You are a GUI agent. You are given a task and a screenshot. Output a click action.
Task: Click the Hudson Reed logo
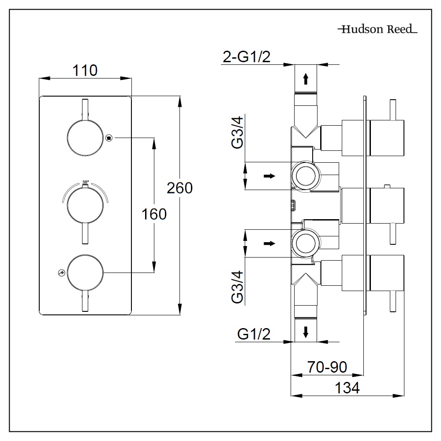[377, 30]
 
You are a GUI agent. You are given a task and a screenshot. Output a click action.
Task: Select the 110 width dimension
[85, 70]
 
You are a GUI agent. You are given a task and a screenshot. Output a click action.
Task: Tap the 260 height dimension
[179, 188]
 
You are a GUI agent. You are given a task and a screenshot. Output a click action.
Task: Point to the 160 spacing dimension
[154, 214]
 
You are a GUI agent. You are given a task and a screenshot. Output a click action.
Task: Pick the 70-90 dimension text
[327, 366]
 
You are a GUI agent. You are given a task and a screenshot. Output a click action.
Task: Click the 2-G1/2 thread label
[246, 57]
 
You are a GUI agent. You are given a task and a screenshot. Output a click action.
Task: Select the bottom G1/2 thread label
[254, 334]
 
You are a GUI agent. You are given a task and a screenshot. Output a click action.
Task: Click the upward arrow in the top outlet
[305, 78]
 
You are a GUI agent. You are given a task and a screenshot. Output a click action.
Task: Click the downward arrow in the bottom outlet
[305, 331]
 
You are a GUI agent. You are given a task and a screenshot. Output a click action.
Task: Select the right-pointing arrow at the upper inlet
[269, 176]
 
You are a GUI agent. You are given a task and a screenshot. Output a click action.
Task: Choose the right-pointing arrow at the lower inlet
[269, 243]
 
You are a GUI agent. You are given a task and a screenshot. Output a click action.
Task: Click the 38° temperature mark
[85, 182]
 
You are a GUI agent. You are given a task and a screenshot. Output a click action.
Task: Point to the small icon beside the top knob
[109, 138]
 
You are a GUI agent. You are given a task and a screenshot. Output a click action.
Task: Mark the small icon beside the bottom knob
[61, 273]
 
